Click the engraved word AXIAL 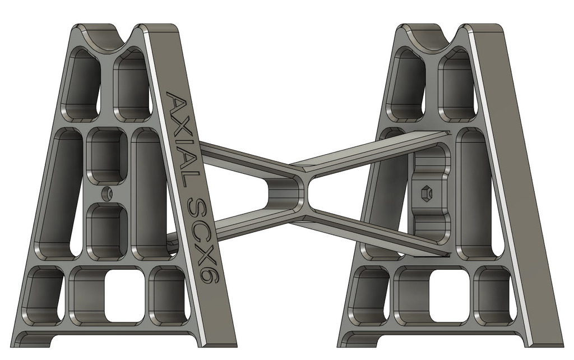(182, 140)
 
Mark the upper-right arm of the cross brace (370, 149)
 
